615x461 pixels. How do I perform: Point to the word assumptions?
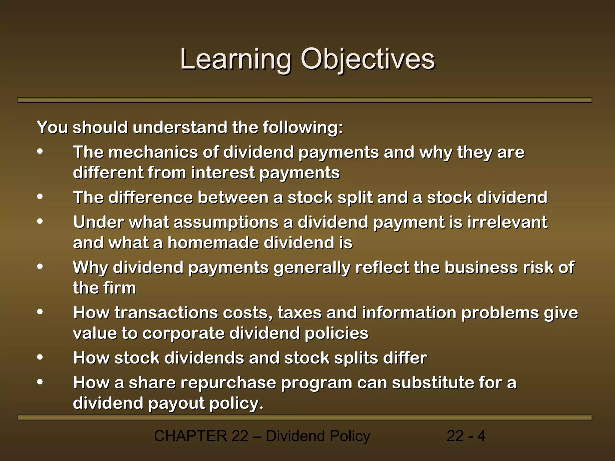[x=226, y=223]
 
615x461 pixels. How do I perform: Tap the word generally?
[x=312, y=268]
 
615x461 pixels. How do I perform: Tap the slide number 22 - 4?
[x=466, y=436]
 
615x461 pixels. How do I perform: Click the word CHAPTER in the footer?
[x=190, y=436]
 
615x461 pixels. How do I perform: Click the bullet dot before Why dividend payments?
[x=40, y=267]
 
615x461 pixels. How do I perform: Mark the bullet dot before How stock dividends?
[x=40, y=357]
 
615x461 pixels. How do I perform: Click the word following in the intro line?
[x=303, y=128]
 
